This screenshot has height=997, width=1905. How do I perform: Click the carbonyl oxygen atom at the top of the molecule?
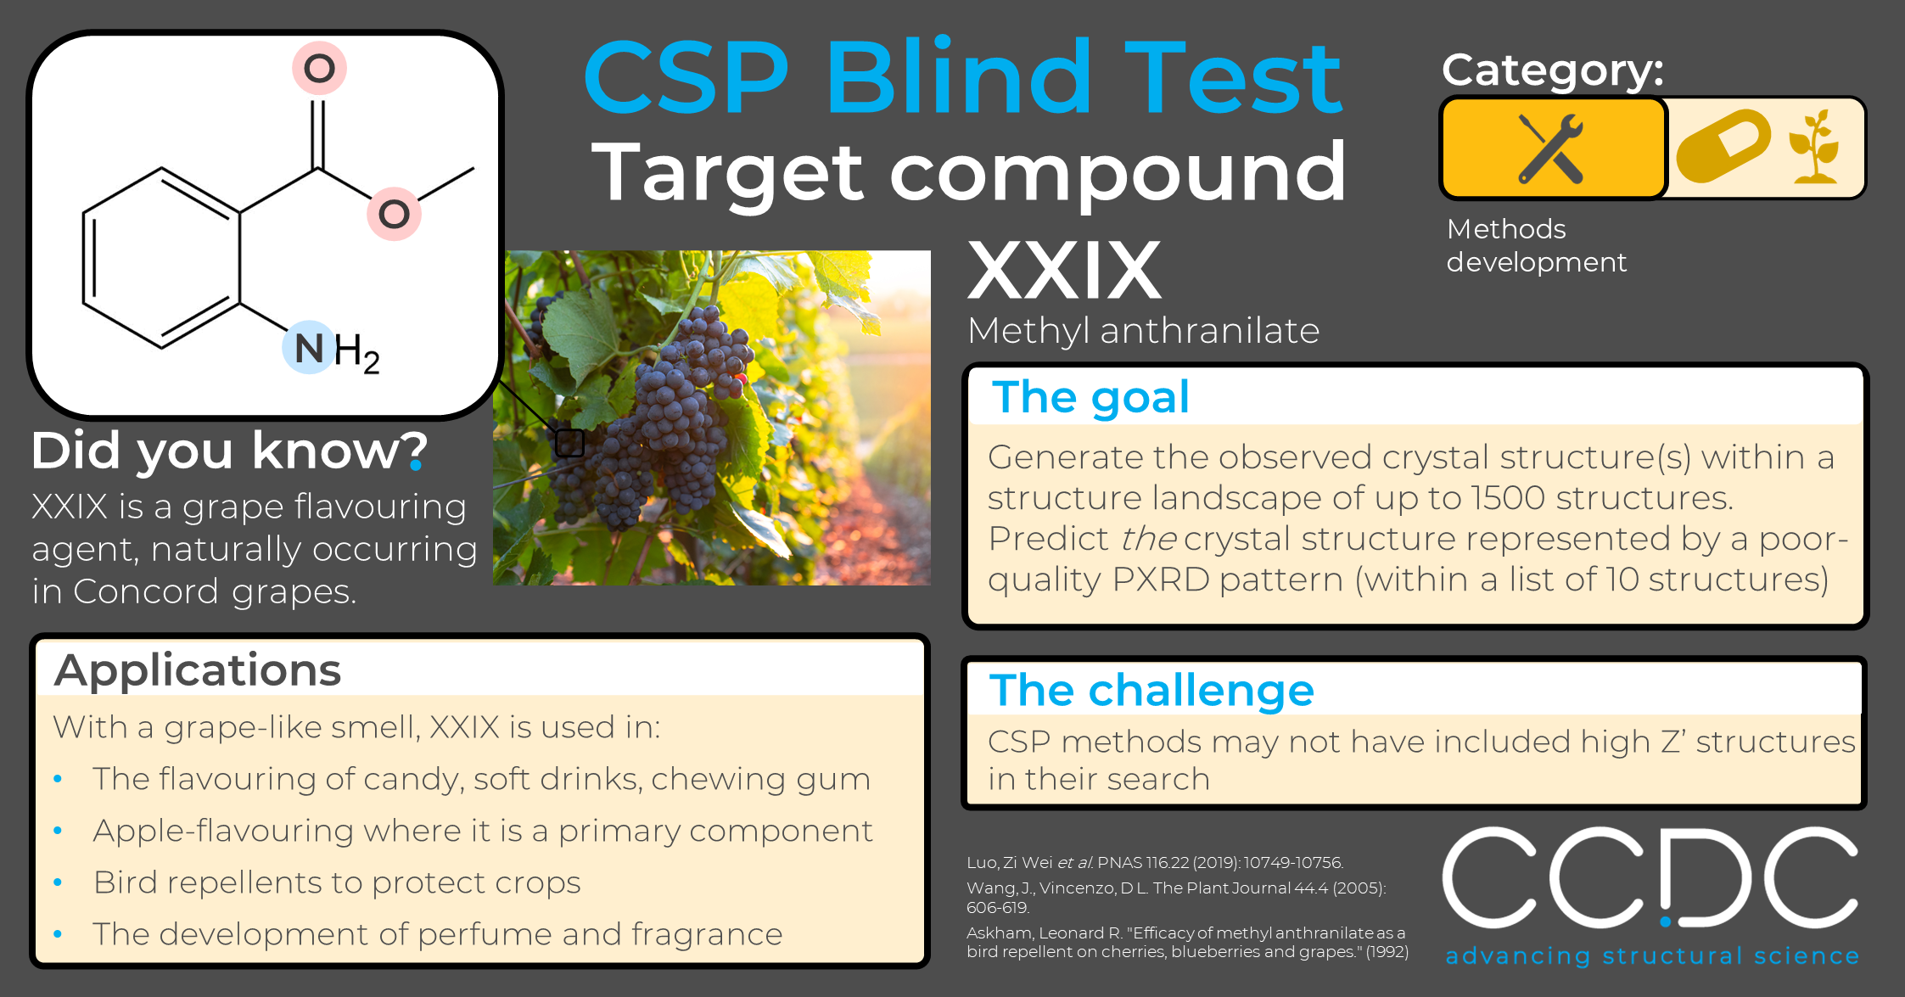[x=319, y=68]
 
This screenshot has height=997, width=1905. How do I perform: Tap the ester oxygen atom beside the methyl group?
[x=394, y=214]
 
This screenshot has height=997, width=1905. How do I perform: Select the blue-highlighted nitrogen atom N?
[x=310, y=348]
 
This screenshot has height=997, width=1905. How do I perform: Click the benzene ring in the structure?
[x=161, y=258]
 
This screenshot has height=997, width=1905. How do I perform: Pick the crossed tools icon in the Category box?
[x=1551, y=148]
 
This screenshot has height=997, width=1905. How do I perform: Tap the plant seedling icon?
[x=1814, y=146]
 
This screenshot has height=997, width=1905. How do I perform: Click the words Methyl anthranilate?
[x=1143, y=330]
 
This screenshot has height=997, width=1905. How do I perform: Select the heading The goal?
[x=1090, y=396]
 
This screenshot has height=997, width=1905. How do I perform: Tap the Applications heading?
[x=198, y=670]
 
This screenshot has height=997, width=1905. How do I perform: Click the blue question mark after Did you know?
[x=417, y=451]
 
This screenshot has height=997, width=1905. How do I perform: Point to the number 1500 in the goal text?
[x=1508, y=498]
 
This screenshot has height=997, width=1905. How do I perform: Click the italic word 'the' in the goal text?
[x=1148, y=539]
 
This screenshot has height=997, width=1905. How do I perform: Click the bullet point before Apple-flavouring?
[x=58, y=831]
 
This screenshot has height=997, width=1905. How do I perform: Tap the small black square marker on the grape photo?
[x=570, y=442]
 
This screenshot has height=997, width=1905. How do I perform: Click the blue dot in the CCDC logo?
[x=1666, y=921]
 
